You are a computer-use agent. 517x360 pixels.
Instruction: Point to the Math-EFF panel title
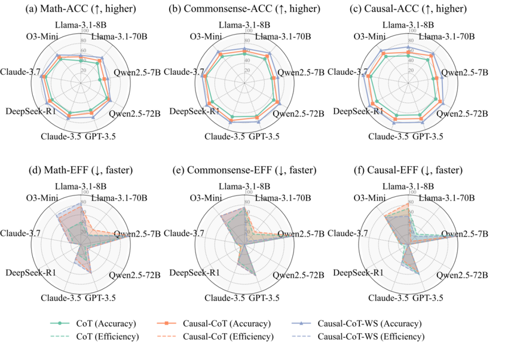tap(79, 170)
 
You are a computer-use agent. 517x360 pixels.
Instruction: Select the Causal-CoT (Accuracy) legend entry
tap(235, 324)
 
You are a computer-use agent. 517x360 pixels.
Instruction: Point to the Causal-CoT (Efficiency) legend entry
tap(235, 336)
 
